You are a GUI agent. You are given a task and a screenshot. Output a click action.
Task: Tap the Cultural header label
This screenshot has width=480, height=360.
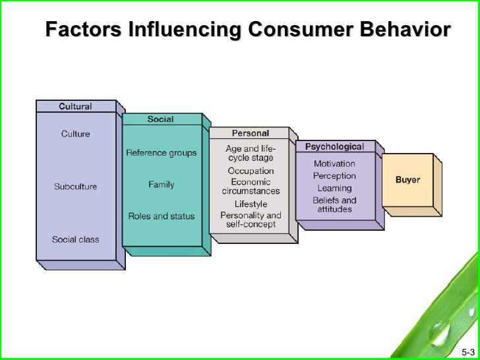(x=75, y=106)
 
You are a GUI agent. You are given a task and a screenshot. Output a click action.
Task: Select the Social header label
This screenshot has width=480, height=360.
(x=160, y=119)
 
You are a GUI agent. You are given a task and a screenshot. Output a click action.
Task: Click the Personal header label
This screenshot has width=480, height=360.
(x=250, y=133)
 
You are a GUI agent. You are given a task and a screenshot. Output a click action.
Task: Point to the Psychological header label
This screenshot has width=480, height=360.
(x=334, y=146)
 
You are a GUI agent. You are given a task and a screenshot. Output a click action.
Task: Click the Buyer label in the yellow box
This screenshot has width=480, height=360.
(x=407, y=180)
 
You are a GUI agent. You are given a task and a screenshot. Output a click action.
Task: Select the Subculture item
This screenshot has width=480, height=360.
(x=75, y=187)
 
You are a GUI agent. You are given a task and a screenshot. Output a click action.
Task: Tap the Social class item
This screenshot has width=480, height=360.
(x=75, y=239)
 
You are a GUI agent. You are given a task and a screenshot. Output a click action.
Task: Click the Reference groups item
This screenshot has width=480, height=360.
(x=161, y=153)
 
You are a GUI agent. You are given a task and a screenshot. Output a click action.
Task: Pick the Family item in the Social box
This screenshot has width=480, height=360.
(x=161, y=184)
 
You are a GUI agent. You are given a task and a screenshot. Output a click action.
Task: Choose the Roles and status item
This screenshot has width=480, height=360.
(x=161, y=216)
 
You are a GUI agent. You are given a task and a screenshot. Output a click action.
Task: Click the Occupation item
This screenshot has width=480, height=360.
(x=251, y=171)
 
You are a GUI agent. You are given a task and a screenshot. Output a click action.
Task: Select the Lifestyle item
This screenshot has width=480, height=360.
(x=251, y=204)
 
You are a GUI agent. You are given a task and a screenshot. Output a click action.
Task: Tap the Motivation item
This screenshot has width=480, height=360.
(x=334, y=164)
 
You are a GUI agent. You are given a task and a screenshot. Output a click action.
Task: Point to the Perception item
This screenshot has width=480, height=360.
(x=334, y=176)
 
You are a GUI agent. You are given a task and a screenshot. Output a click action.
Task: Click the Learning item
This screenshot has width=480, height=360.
(x=334, y=189)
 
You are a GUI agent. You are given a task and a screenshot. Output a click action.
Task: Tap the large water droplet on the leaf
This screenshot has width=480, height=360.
(x=440, y=330)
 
